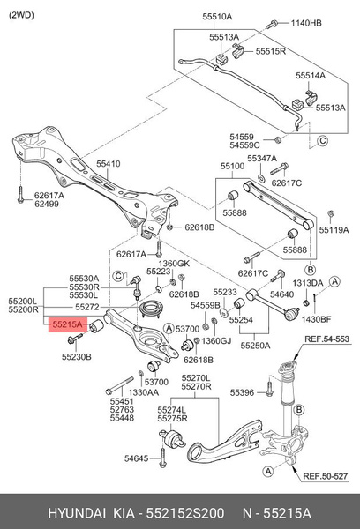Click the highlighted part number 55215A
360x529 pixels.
coord(67,325)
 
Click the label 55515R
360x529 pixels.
coord(272,52)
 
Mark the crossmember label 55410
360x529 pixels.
coord(109,165)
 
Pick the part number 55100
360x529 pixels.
coord(234,166)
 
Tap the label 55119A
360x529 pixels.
coord(332,229)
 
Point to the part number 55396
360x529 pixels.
coord(242,391)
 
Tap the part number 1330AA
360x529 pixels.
coord(144,392)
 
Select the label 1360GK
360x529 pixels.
coord(162,263)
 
